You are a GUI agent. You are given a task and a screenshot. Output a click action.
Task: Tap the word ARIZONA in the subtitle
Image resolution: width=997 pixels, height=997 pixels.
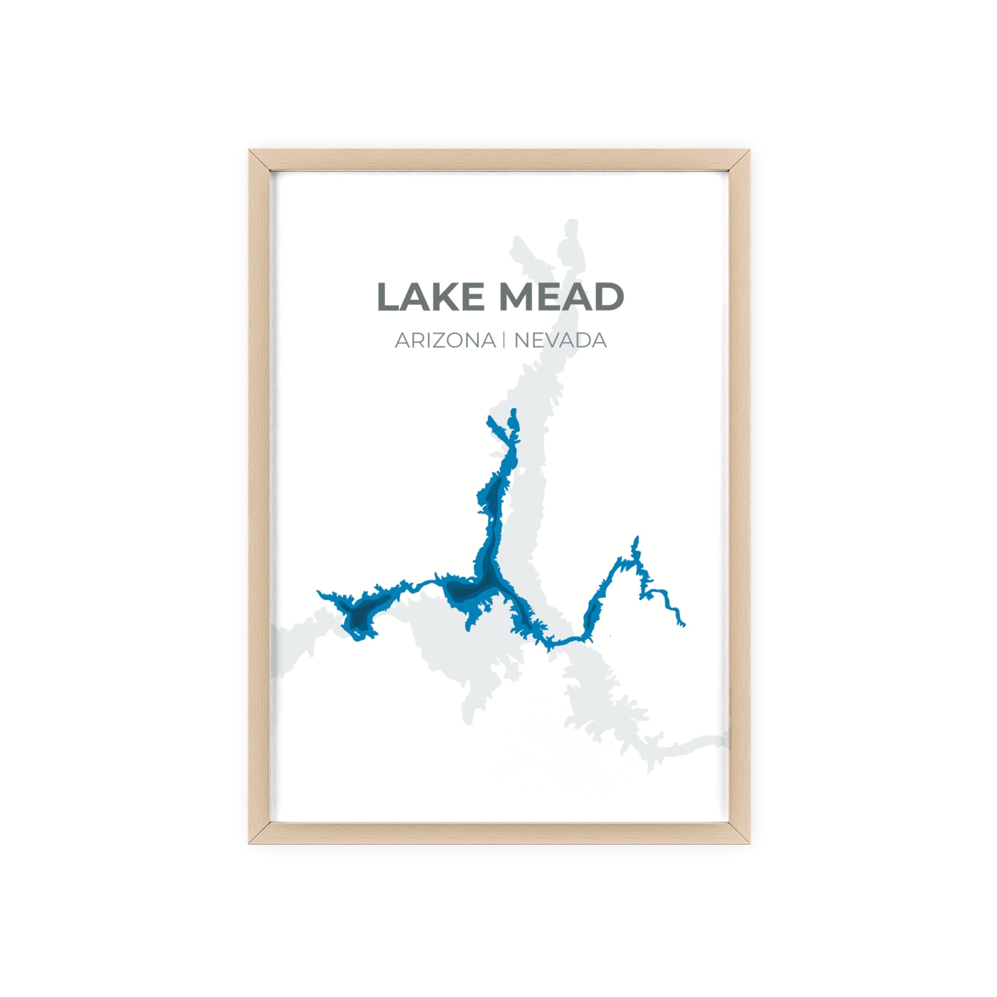click(445, 341)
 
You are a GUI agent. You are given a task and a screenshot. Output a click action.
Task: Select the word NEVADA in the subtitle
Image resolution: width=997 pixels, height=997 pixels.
click(560, 341)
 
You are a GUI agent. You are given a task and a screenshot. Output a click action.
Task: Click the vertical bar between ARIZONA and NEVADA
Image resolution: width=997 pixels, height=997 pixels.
click(504, 341)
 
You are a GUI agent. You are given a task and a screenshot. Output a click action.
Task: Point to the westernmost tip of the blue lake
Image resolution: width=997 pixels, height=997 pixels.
click(318, 592)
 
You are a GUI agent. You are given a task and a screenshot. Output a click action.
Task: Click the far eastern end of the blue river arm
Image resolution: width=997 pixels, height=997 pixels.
click(684, 625)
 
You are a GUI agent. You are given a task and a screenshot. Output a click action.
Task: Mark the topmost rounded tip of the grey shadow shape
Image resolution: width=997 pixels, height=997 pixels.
click(571, 223)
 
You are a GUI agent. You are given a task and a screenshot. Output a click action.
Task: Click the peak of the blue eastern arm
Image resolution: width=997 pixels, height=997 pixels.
click(637, 538)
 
